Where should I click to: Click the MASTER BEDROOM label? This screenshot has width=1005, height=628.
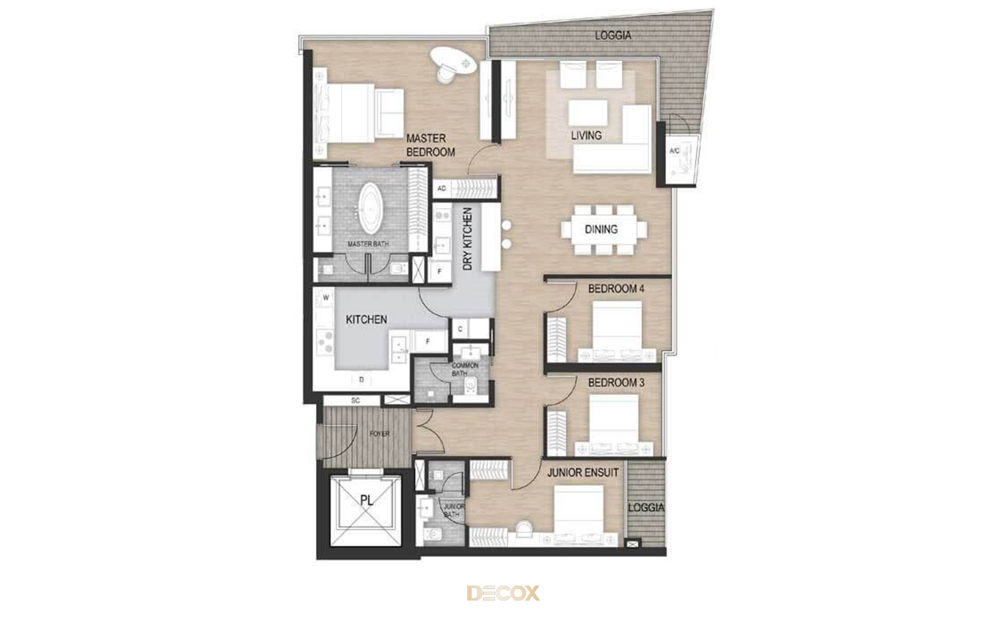click(430, 145)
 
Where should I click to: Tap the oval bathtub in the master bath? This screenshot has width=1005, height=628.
click(370, 208)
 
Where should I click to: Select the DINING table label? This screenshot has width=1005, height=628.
click(601, 230)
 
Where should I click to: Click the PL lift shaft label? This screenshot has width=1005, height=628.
click(367, 500)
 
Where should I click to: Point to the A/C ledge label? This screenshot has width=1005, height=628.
click(675, 151)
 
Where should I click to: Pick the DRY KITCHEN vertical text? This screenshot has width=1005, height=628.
click(467, 239)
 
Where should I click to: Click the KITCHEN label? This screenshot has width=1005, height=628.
click(366, 320)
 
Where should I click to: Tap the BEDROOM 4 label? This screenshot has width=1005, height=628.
click(616, 289)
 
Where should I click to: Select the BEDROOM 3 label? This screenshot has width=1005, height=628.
click(616, 382)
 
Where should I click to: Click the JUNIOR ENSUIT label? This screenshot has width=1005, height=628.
click(583, 472)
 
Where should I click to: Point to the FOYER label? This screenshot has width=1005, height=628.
click(379, 434)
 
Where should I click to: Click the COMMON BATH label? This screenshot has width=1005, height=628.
click(465, 369)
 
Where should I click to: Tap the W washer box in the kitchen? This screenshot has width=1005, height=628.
click(326, 298)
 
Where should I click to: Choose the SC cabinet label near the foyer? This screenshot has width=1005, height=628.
click(356, 401)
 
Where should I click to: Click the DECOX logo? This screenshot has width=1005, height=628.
click(503, 593)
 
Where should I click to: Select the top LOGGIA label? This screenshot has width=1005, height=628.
click(613, 35)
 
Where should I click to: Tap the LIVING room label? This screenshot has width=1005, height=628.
click(587, 136)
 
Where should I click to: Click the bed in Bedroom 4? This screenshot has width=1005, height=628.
click(617, 330)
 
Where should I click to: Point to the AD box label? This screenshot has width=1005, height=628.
click(442, 188)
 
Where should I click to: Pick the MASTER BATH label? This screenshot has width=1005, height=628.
click(368, 244)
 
